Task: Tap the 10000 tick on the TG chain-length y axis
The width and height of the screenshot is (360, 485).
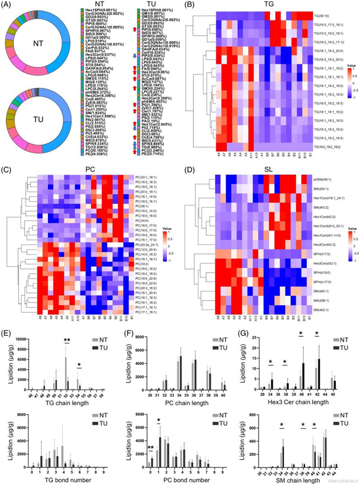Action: point(18,339)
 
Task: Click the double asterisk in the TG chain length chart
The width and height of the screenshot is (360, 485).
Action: point(67,339)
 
